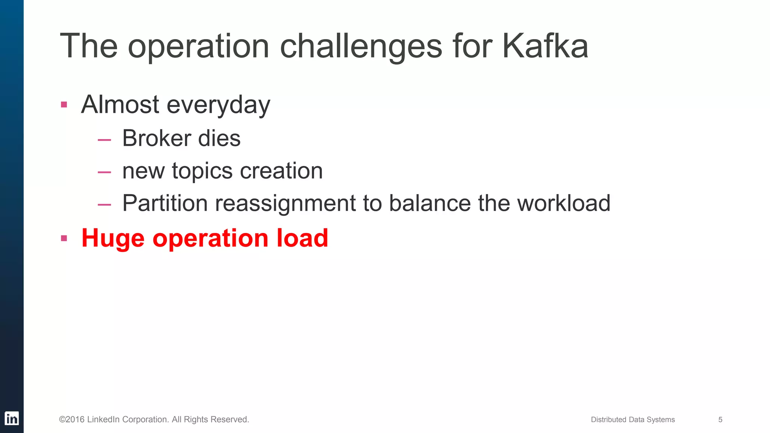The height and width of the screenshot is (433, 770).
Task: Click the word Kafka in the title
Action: tap(545, 46)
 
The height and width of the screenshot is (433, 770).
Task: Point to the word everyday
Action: tap(218, 105)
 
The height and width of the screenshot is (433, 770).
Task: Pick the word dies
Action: tap(219, 138)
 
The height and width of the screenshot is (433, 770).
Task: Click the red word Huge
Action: tap(113, 238)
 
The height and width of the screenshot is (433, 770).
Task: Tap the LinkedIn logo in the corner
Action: tap(12, 418)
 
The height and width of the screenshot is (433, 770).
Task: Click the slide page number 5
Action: tap(720, 419)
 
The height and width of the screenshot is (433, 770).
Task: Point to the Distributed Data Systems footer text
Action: tap(633, 419)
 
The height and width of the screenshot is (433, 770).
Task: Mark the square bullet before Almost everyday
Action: tap(64, 104)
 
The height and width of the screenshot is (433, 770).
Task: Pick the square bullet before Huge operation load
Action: tap(64, 238)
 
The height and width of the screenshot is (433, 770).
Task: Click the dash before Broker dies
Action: tap(104, 140)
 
